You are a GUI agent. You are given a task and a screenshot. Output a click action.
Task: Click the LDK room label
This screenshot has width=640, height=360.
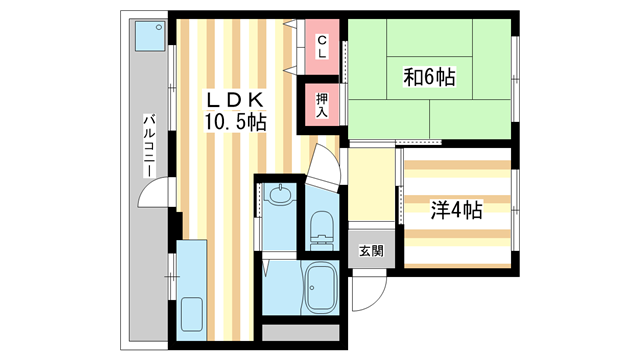tap(235, 100)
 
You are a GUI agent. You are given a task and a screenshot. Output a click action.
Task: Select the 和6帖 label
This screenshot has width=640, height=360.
tap(429, 77)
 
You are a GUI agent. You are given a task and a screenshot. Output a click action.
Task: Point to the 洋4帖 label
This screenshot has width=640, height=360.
tap(456, 210)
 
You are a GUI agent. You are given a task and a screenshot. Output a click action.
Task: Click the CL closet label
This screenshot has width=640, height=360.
tap(322, 46)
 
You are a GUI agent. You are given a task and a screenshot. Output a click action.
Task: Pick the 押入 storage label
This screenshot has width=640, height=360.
tap(322, 105)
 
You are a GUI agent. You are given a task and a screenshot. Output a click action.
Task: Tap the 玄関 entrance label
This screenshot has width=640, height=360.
tap(370, 251)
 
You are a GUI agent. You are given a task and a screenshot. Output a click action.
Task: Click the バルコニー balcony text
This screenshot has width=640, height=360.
tap(147, 146)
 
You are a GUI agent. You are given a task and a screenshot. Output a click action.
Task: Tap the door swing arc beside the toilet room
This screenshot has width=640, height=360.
tap(325, 165)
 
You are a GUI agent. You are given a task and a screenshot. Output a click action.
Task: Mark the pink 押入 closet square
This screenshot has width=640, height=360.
tap(322, 105)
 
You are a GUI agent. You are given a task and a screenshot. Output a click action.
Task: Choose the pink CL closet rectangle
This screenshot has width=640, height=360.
tap(322, 46)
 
